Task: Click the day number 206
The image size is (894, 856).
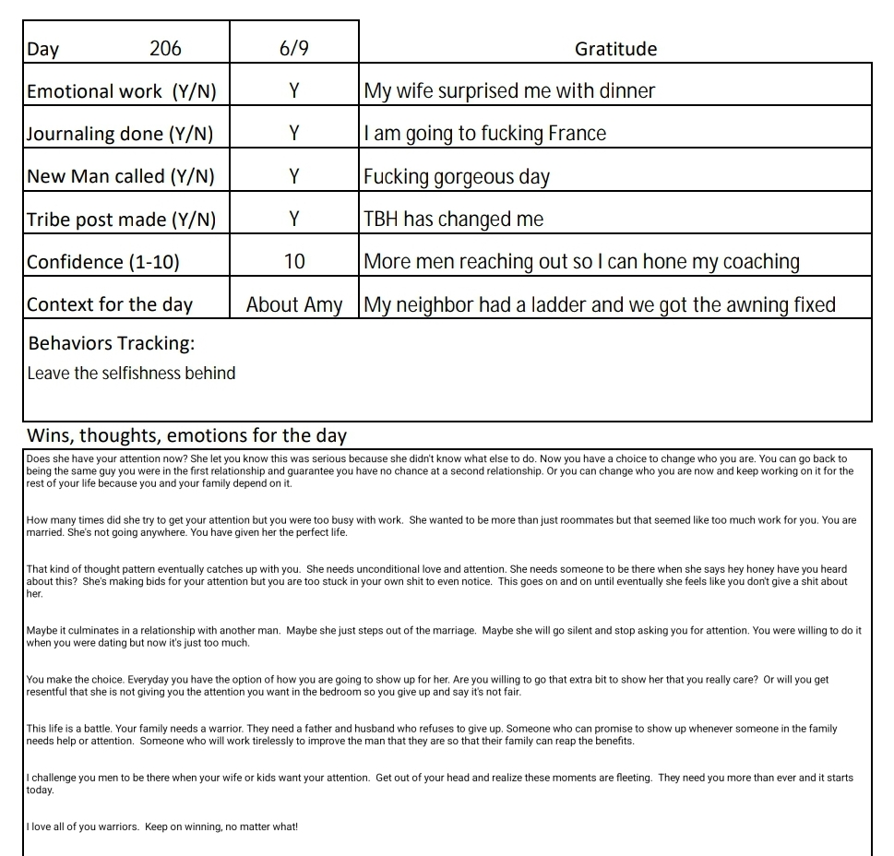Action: point(165,49)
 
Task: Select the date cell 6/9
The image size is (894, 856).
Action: point(293,49)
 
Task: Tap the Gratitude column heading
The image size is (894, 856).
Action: point(615,49)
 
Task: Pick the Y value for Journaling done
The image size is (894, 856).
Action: point(294,134)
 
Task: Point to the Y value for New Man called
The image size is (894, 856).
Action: point(294,176)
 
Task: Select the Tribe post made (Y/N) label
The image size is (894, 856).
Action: point(121,220)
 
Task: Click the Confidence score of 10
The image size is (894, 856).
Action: point(294,262)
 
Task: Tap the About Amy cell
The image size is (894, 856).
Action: point(294,304)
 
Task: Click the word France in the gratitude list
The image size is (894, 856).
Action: point(577,134)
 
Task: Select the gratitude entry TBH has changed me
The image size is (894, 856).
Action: point(454,220)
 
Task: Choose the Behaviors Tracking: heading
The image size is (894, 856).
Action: point(111,344)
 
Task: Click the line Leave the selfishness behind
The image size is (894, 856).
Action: point(131,374)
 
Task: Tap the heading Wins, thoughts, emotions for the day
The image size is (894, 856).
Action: point(186,435)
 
